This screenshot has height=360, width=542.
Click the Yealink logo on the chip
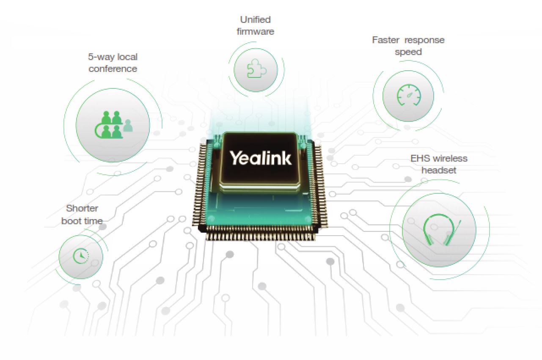[x=261, y=158]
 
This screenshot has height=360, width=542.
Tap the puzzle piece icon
[x=256, y=69]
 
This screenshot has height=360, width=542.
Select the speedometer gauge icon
[x=409, y=95]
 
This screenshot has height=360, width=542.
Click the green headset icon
[x=441, y=230]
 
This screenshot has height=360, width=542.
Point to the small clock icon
[x=81, y=256]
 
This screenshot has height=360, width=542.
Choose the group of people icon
[x=113, y=125]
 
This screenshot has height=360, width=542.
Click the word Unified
[x=255, y=19]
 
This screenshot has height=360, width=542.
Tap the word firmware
[x=255, y=32]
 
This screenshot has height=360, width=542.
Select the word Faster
[x=386, y=40]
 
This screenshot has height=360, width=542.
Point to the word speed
[x=408, y=52]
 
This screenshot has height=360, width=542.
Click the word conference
[x=113, y=69]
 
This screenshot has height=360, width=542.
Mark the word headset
[x=439, y=170]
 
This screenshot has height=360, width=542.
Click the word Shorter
[x=82, y=208]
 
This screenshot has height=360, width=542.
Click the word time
[x=93, y=221]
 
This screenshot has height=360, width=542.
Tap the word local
[x=127, y=57]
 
